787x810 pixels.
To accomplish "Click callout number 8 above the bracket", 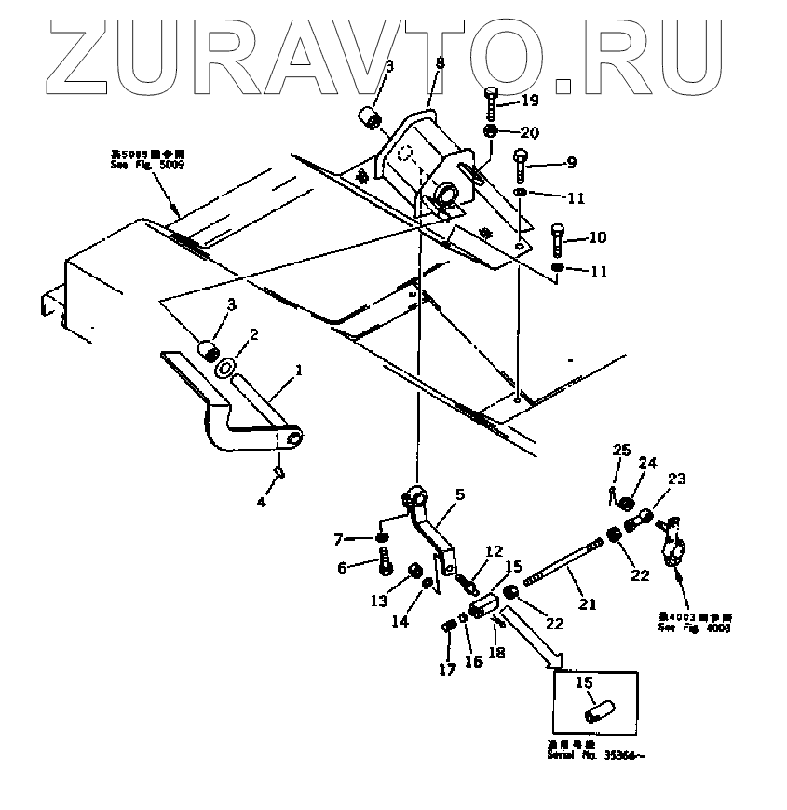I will pyautogui.click(x=441, y=63).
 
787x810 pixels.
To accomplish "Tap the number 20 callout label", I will pyautogui.click(x=529, y=131).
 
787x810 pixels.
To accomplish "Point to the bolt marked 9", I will pyautogui.click(x=521, y=167).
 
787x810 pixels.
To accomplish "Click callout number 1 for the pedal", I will pyautogui.click(x=298, y=371).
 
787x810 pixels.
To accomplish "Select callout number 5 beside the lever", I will pyautogui.click(x=459, y=494).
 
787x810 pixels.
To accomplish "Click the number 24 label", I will pyautogui.click(x=647, y=462).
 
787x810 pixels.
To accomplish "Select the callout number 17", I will pyautogui.click(x=446, y=668).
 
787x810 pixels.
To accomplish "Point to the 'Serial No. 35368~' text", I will pyautogui.click(x=596, y=755).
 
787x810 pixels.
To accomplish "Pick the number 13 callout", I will pyautogui.click(x=378, y=601).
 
